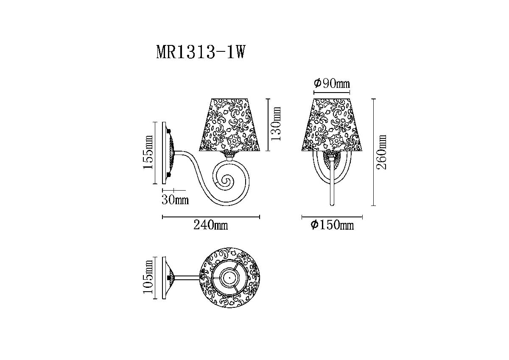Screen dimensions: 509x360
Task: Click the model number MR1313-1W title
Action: click(x=201, y=52)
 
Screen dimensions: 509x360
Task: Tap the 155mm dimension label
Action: click(x=148, y=152)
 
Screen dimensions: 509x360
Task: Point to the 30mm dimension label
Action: click(x=175, y=200)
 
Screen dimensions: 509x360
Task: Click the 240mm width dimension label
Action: click(x=211, y=225)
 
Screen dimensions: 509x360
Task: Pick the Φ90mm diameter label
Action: click(x=332, y=84)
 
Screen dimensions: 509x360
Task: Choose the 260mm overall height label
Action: click(x=381, y=152)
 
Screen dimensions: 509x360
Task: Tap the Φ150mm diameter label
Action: click(x=332, y=225)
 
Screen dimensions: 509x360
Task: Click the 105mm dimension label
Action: click(x=148, y=278)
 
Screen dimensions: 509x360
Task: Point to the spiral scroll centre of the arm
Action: click(x=227, y=181)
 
